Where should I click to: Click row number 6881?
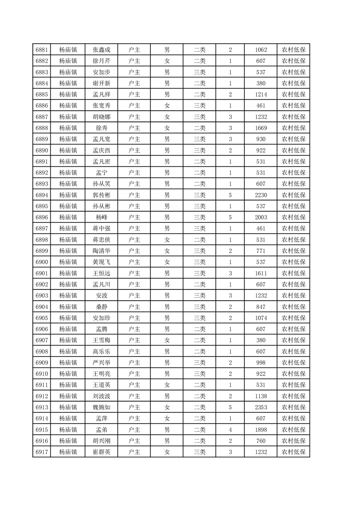point(42,50)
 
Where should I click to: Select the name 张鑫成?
point(102,50)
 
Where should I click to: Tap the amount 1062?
point(261,50)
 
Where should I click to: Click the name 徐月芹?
point(102,61)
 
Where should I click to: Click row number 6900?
point(42,262)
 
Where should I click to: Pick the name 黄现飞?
point(102,262)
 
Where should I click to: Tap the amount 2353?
point(261,407)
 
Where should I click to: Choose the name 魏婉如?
point(102,407)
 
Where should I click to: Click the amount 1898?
point(261,429)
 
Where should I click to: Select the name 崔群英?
point(102,451)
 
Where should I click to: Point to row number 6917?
point(42,451)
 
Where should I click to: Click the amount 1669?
point(261,128)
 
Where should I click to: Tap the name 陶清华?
point(102,251)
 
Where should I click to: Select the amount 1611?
point(261,273)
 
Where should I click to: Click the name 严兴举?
point(102,362)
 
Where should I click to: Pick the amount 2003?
point(261,217)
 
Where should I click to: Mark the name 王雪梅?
point(102,340)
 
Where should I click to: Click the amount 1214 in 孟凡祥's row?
point(261,94)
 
